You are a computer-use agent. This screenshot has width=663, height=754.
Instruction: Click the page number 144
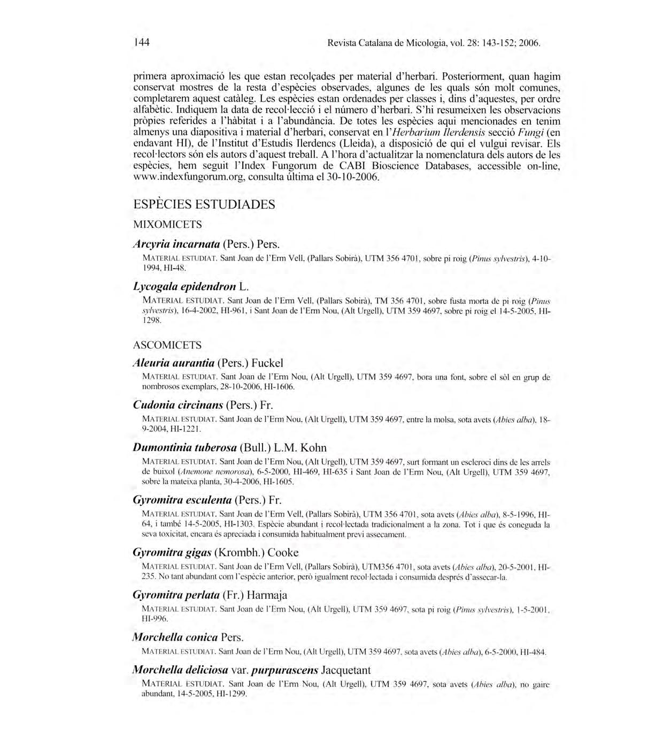pyautogui.click(x=142, y=42)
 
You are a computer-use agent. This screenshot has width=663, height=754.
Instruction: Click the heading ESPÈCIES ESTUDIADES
pyautogui.click(x=204, y=204)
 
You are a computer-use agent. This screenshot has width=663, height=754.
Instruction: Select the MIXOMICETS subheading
pyautogui.click(x=167, y=225)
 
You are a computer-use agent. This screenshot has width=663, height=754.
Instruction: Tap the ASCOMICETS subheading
pyautogui.click(x=167, y=345)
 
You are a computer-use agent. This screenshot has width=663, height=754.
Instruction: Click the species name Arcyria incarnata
pyautogui.click(x=176, y=244)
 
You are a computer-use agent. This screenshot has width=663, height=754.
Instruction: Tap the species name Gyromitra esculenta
pyautogui.click(x=182, y=500)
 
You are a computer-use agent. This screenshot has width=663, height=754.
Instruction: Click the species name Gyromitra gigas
pyautogui.click(x=172, y=553)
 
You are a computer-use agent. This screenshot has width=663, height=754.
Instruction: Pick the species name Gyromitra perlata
pyautogui.click(x=176, y=595)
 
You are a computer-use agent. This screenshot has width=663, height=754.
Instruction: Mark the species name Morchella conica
pyautogui.click(x=175, y=637)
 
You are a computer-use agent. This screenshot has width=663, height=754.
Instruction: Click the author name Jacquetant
pyautogui.click(x=346, y=670)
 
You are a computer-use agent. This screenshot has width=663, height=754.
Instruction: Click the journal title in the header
pyautogui.click(x=396, y=43)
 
